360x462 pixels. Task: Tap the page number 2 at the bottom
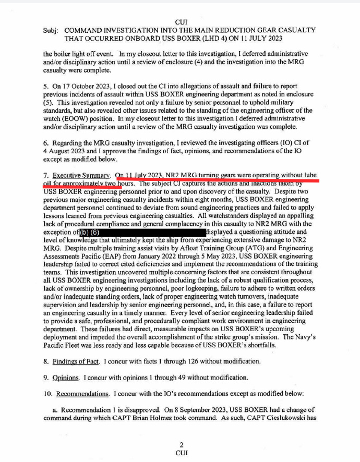point(181,445)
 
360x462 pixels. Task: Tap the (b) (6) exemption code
point(89,232)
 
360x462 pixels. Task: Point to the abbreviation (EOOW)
point(58,119)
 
